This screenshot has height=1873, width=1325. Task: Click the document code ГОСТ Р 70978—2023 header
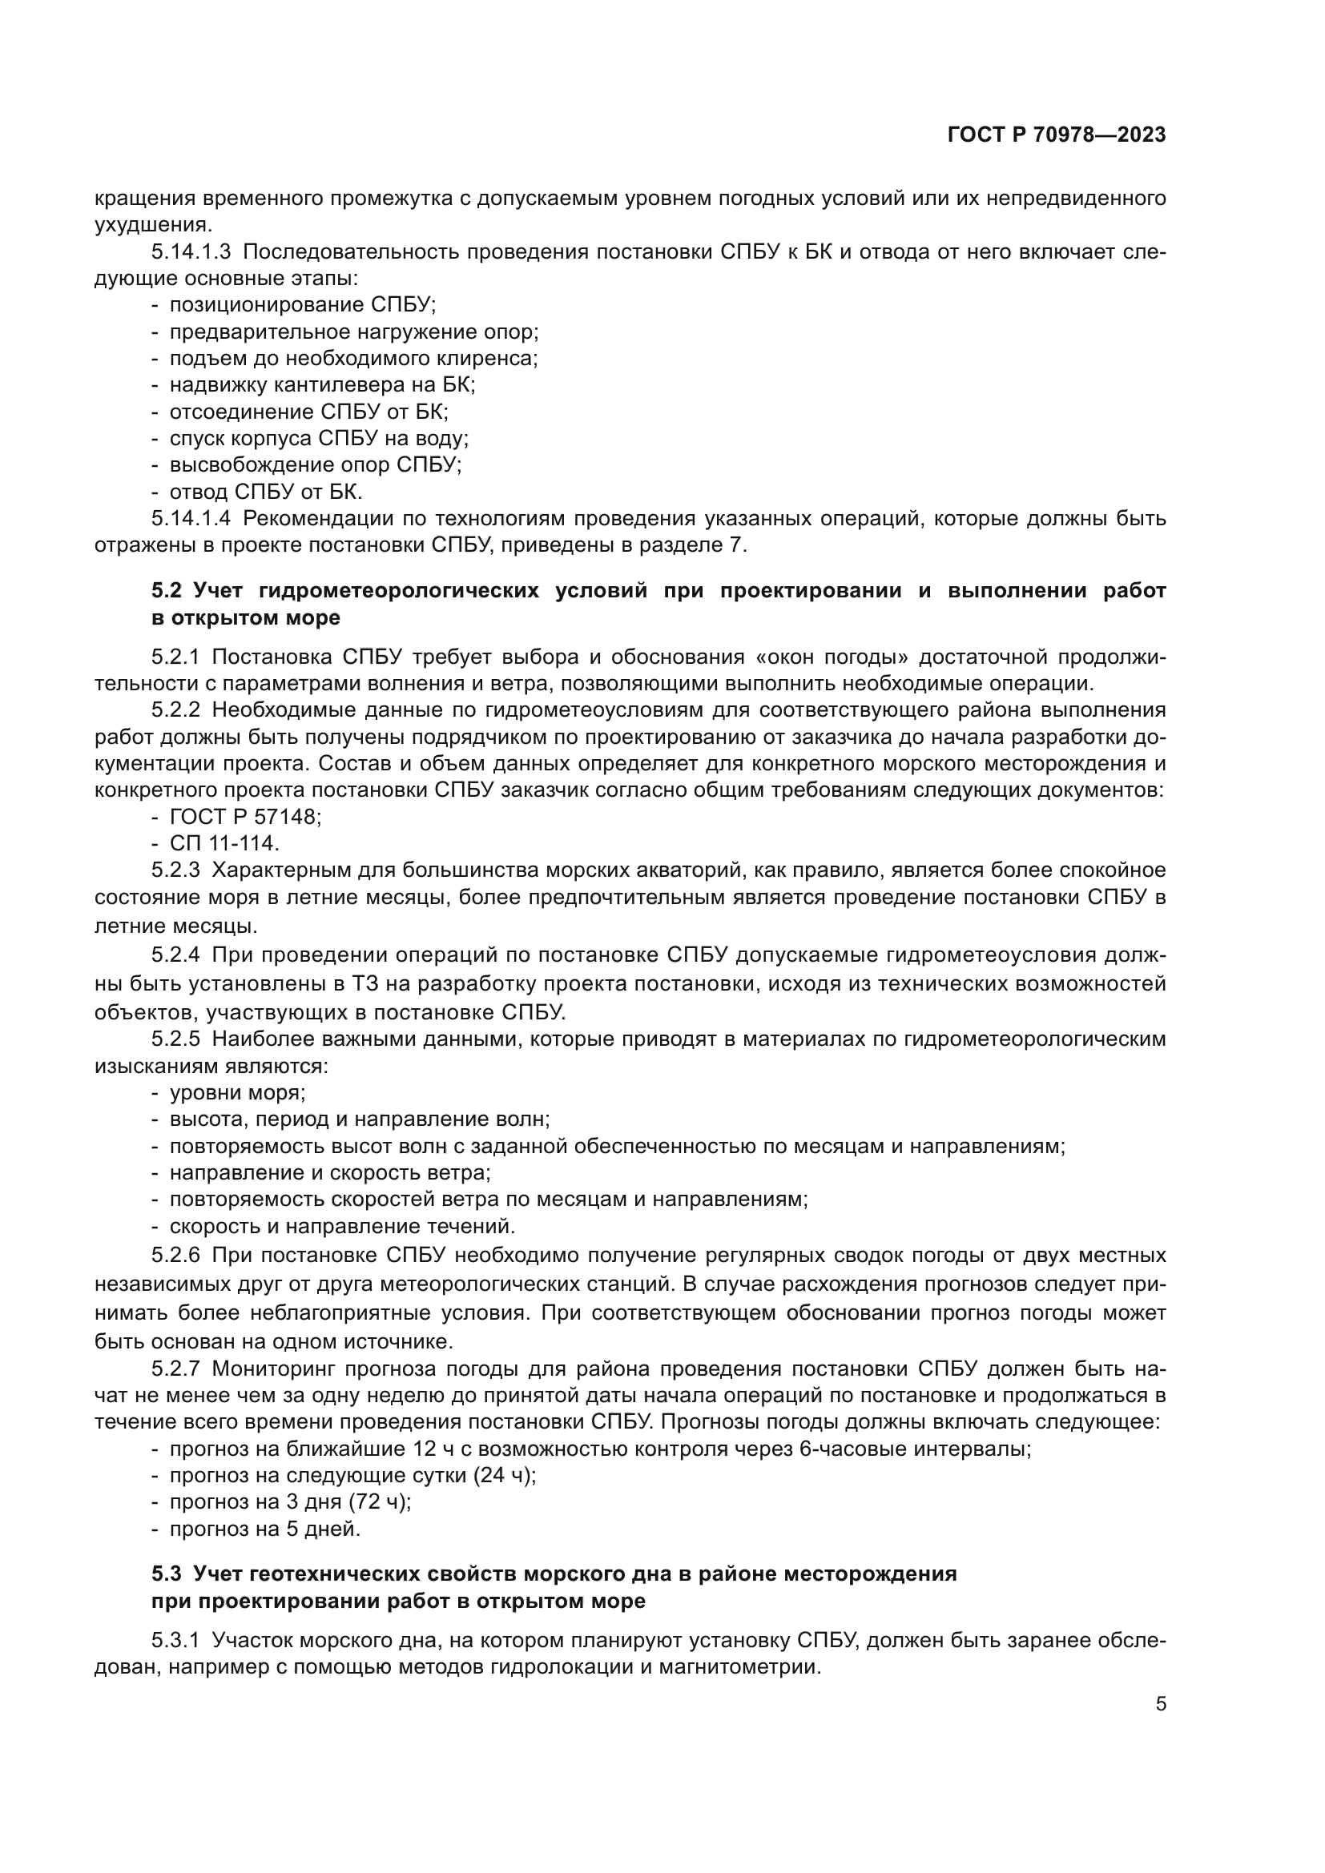[1057, 135]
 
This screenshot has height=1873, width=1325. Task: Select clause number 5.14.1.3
[190, 251]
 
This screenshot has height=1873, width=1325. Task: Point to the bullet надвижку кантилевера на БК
[321, 385]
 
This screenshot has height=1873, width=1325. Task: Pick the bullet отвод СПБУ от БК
[265, 492]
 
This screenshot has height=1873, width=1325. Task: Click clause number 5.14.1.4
[190, 519]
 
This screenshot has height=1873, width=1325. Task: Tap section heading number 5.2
[167, 591]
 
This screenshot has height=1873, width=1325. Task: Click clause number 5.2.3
[175, 870]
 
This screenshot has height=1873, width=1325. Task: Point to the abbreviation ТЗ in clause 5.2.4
[364, 985]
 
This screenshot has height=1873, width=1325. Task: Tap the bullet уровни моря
[236, 1093]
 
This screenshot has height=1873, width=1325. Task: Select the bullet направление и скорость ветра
[329, 1173]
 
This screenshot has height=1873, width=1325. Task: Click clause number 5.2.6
[175, 1255]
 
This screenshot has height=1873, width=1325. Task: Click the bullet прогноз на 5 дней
[264, 1529]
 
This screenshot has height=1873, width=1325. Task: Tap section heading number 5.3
[167, 1574]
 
